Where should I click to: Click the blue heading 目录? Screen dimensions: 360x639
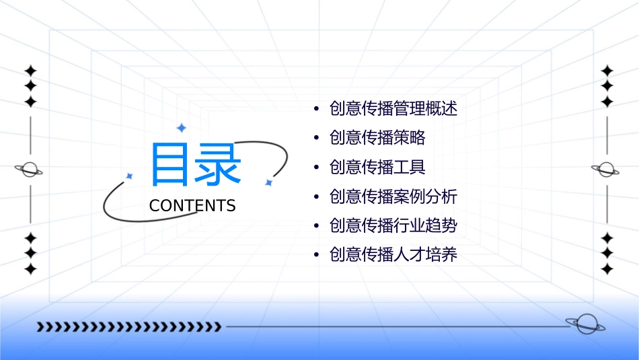coord(196,165)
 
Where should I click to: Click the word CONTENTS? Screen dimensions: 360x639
coord(192,206)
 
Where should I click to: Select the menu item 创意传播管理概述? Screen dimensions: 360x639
coord(393,108)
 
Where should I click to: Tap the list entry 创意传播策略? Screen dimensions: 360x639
coord(377,138)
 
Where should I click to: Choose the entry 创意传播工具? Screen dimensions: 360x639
coord(377,167)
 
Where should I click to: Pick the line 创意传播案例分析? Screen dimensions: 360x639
coord(393,196)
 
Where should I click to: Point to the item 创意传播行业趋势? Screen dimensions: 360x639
coord(393,225)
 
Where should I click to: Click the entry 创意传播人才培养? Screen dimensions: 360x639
coord(393,255)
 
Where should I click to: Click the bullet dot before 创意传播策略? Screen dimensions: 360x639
coord(316,139)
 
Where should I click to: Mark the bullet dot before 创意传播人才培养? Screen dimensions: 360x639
coord(316,256)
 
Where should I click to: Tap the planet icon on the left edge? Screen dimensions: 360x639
coord(30,170)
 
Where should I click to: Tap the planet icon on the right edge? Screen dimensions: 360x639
coord(606,170)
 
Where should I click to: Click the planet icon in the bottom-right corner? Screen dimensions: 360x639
coord(585,324)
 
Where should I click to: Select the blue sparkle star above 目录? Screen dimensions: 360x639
coord(181,128)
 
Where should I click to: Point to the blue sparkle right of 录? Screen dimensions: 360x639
coord(268,182)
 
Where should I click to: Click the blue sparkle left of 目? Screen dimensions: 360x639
coord(130,176)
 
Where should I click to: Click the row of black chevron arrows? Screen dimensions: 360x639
coord(128,327)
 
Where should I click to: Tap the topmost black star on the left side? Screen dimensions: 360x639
coord(30,71)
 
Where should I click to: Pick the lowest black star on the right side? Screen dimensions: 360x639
coord(607,269)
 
